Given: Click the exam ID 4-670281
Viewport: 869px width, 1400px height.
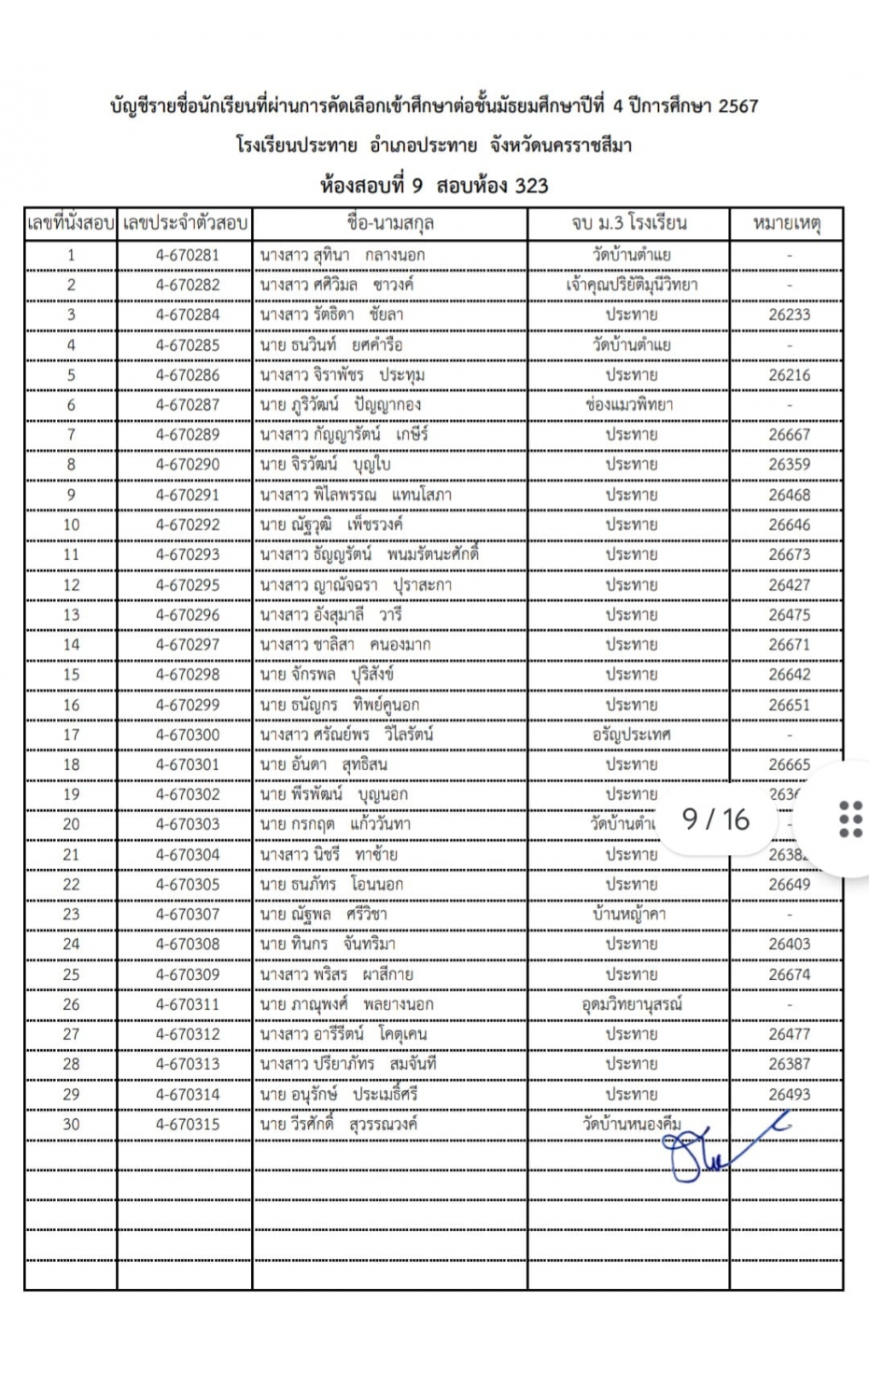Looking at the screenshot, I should [188, 255].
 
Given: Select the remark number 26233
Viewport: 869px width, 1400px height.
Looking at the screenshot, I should [789, 315].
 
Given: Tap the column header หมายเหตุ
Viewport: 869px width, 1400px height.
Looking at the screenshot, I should [786, 224].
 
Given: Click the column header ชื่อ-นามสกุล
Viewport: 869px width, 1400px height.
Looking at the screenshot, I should [390, 224].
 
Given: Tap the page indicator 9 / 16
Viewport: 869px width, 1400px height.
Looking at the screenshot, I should [716, 819].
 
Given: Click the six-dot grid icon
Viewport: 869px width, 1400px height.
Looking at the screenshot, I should [850, 819].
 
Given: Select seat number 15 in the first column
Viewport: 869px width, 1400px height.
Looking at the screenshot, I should [71, 675].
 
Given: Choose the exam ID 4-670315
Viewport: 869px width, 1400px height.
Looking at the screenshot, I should [188, 1124].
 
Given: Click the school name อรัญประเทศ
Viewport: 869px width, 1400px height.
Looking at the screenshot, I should [631, 735].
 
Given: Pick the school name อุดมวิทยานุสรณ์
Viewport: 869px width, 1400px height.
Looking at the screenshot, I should [631, 1004].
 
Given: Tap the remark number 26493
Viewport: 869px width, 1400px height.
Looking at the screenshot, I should [789, 1094].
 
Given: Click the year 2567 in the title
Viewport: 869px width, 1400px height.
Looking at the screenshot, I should [737, 106].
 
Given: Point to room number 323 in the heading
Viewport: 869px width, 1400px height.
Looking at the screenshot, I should [531, 185].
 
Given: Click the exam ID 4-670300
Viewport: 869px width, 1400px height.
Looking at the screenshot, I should [188, 735].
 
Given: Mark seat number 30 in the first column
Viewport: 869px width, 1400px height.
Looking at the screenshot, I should [71, 1124].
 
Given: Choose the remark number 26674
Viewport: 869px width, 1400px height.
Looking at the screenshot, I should [789, 974].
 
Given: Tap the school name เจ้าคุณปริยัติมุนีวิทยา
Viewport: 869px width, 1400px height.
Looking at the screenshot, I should [631, 285].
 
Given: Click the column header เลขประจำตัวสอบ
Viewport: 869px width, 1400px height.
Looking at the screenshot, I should [185, 224].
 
